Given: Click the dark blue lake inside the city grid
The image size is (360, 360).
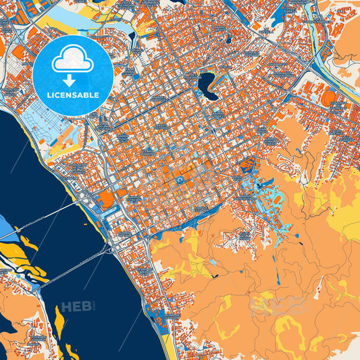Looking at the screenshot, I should [207, 84].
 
